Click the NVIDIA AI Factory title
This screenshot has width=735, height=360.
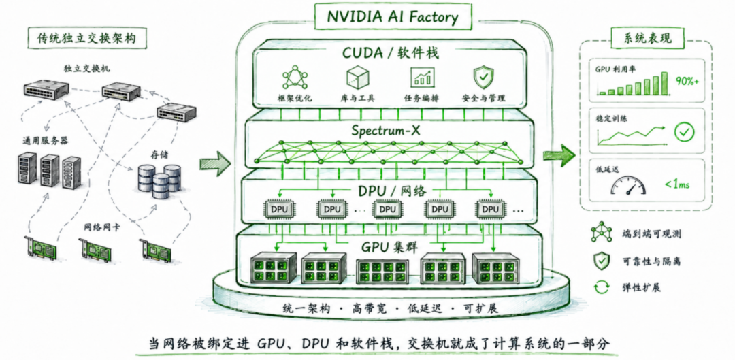point(393,17)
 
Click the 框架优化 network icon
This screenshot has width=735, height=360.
point(295,78)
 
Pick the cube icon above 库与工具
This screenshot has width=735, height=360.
point(357,78)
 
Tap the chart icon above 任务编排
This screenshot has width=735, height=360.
point(421,78)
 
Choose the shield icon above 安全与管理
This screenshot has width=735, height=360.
point(483,78)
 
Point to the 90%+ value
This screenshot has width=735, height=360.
point(687,80)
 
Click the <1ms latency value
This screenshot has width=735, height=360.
point(677,184)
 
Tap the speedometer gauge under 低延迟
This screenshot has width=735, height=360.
point(628,186)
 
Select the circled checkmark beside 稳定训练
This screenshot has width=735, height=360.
point(684,133)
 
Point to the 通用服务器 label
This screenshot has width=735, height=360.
point(43,140)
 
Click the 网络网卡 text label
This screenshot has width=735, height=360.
point(101,228)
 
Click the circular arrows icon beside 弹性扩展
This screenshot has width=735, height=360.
point(602,287)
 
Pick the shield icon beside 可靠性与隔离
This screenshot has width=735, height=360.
point(600,261)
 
